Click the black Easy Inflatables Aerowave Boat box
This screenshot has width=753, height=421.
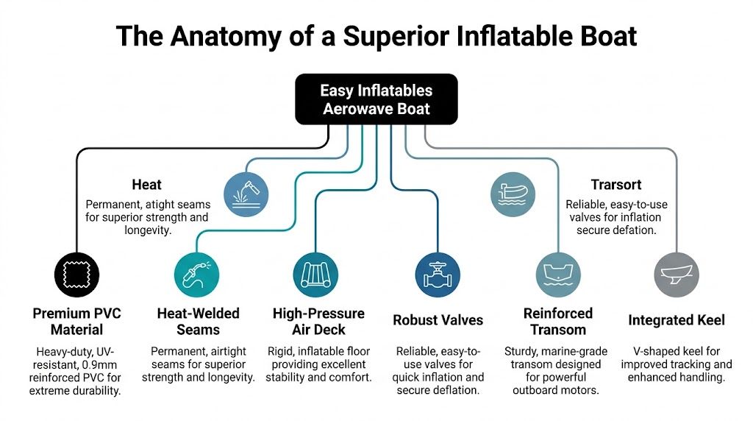[x=376, y=99]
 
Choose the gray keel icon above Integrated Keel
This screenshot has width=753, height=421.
[x=677, y=274]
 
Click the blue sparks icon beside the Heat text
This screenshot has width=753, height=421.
[x=246, y=194]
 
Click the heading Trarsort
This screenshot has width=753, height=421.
[x=616, y=185]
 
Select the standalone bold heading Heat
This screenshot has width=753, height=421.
[x=146, y=184]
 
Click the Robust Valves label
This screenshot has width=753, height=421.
[x=438, y=320]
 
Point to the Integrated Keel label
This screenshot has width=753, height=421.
[x=677, y=320]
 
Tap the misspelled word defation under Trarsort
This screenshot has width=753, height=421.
[x=635, y=230]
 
